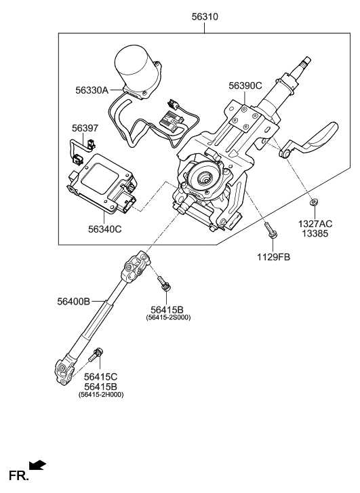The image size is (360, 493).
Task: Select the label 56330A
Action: pyautogui.click(x=92, y=89)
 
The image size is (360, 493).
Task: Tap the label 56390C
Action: pyautogui.click(x=245, y=85)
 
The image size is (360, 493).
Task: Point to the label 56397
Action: pyautogui.click(x=85, y=127)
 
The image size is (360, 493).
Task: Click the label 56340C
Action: pyautogui.click(x=104, y=229)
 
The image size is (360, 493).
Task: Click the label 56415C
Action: pyautogui.click(x=101, y=376)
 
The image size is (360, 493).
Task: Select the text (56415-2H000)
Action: pyautogui.click(x=101, y=394)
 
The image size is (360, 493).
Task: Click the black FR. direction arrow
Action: pyautogui.click(x=38, y=465)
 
